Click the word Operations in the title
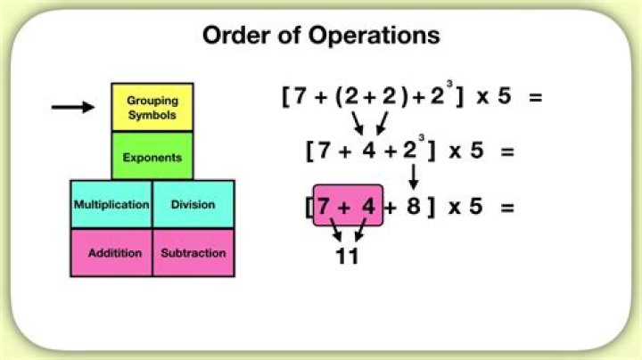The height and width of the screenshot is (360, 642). [x=374, y=36]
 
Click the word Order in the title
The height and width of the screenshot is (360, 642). [x=237, y=35]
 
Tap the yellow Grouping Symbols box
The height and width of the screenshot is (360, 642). [x=152, y=107]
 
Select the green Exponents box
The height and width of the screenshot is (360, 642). [x=152, y=156]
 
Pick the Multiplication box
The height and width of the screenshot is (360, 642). [x=111, y=204]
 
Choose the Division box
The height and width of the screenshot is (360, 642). [x=193, y=204]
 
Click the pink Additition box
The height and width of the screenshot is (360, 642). [x=111, y=253]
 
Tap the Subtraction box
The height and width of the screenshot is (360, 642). [x=193, y=253]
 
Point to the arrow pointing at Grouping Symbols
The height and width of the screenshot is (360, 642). [x=73, y=107]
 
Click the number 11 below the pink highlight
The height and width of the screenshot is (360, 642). [x=347, y=257]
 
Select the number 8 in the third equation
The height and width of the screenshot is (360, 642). [x=414, y=205]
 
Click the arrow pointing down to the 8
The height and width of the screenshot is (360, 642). [x=414, y=176]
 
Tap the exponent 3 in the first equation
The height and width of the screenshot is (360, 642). [x=449, y=84]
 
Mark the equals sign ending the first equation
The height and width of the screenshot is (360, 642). [x=536, y=97]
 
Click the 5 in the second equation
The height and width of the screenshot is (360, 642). [x=476, y=150]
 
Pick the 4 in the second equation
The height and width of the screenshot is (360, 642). [x=369, y=150]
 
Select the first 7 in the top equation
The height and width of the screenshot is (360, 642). [x=300, y=95]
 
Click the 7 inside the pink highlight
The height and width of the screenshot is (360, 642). [x=324, y=206]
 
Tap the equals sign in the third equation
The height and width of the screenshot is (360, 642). [x=507, y=208]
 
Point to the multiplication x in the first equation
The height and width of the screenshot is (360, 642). [x=482, y=97]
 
